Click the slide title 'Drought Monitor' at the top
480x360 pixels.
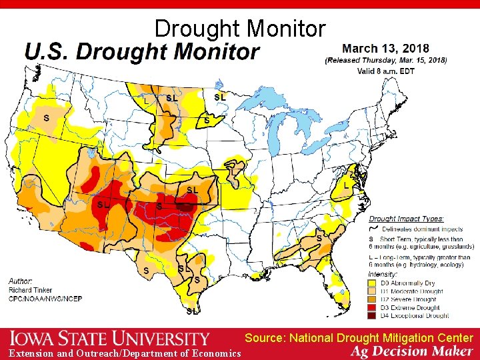(240, 29)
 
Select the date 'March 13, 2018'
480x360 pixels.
(385, 49)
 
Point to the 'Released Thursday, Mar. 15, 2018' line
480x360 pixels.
(385, 60)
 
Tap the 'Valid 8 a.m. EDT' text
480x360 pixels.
(385, 71)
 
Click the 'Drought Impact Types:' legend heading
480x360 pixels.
(407, 219)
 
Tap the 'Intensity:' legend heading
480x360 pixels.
(383, 273)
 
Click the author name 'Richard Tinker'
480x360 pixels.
(31, 291)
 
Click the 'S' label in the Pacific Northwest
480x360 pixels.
(46, 118)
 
